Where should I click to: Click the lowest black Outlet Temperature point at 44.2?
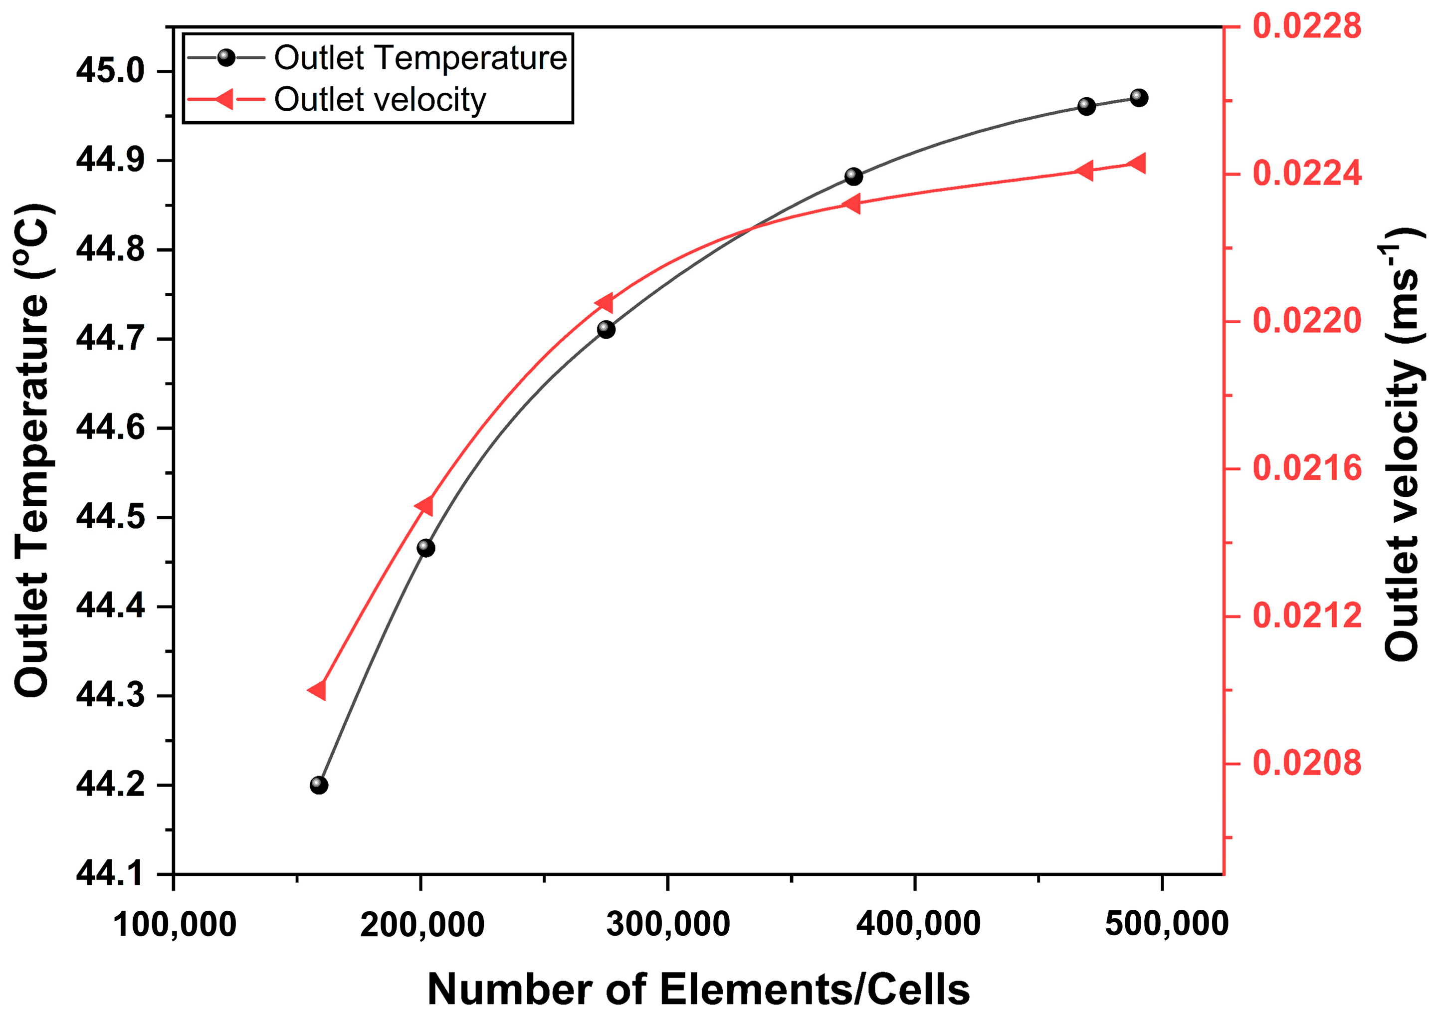(319, 785)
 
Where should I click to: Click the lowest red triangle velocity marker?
(318, 690)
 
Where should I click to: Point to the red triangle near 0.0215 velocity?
(425, 505)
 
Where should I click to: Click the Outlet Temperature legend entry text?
(420, 58)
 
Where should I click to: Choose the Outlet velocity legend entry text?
(380, 99)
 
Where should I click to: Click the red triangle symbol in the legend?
(224, 99)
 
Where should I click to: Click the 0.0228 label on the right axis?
(1307, 26)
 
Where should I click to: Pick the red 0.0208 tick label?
(1307, 763)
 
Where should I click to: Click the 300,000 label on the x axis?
(667, 925)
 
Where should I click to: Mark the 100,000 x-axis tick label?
(174, 925)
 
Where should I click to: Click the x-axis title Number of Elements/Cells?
(698, 990)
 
